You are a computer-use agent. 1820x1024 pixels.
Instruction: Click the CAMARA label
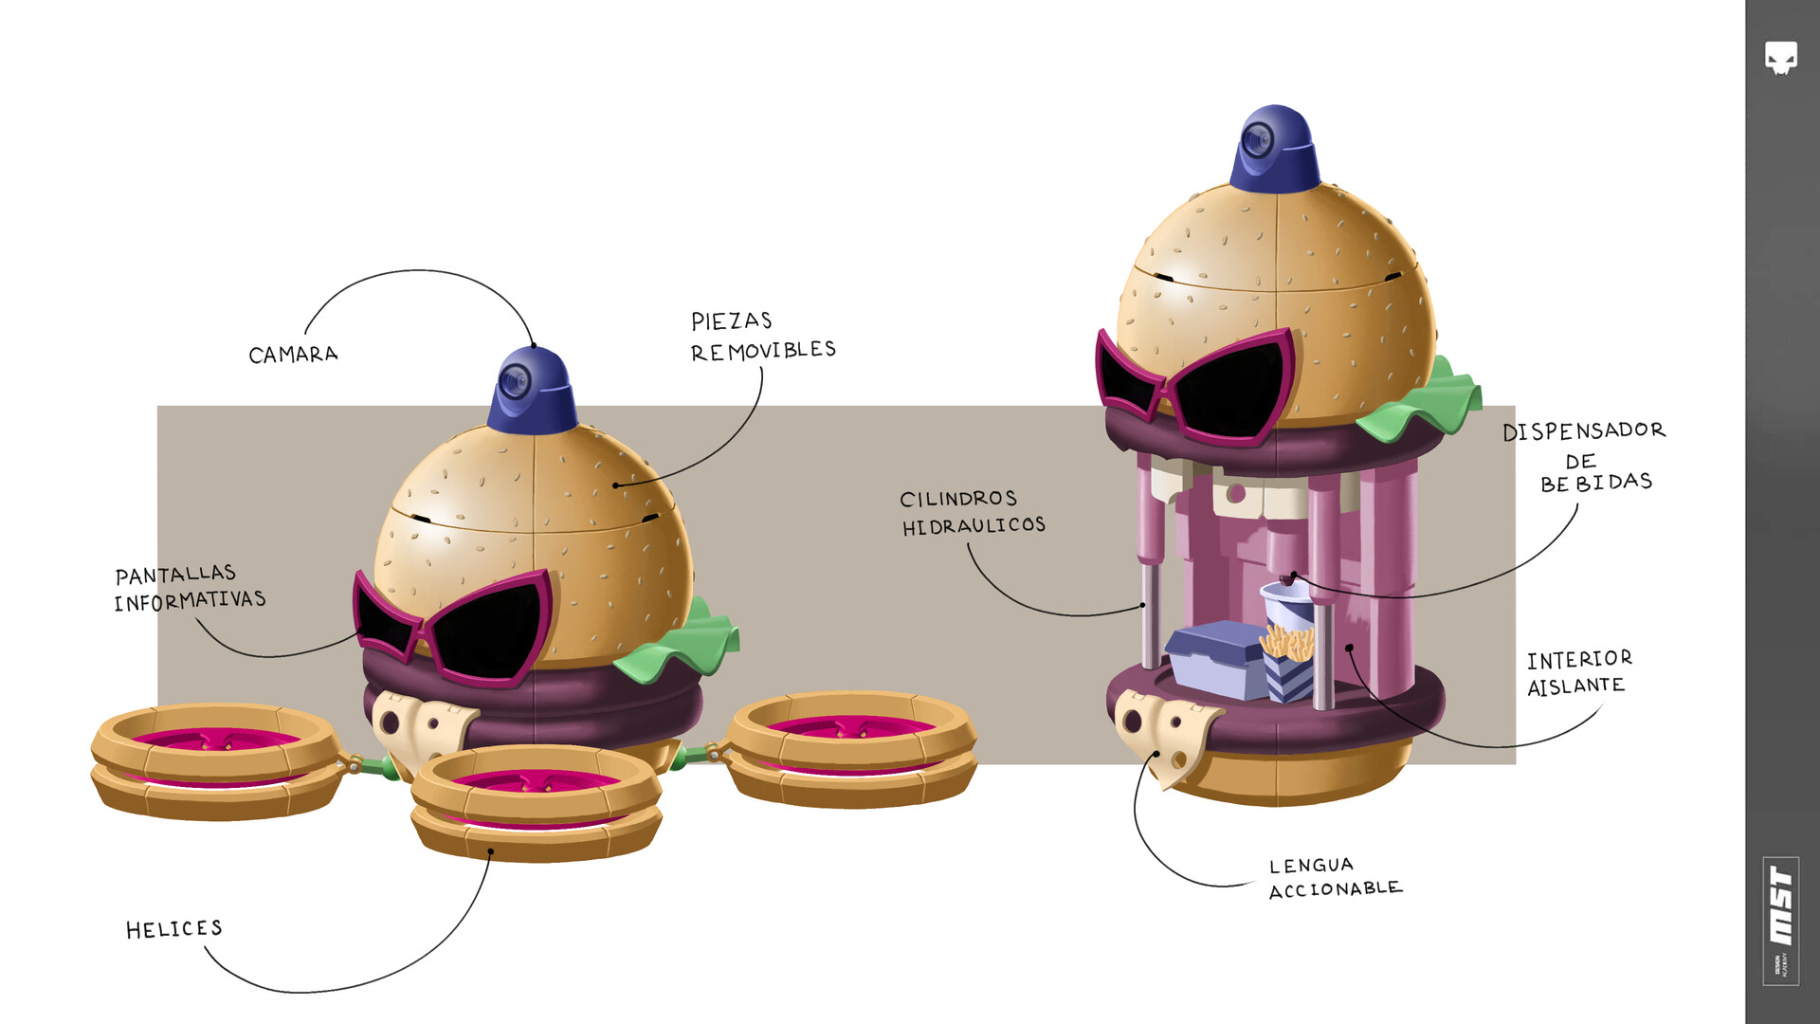[293, 355]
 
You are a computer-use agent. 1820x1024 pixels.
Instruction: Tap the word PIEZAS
[731, 321]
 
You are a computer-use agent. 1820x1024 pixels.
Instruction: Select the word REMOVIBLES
[763, 351]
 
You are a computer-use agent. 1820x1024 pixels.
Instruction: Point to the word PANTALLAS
[175, 575]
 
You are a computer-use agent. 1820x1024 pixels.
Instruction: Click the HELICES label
[174, 929]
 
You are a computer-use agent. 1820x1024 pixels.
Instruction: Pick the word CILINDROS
[958, 499]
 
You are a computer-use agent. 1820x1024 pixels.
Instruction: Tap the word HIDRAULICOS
[974, 525]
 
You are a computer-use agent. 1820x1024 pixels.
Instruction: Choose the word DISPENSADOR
[1583, 430]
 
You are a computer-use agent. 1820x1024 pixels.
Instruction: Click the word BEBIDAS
[1596, 483]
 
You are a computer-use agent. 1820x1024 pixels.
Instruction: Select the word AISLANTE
[1575, 686]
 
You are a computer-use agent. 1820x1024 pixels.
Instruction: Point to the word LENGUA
[1311, 866]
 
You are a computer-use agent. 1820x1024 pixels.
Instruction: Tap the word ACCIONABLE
[1335, 889]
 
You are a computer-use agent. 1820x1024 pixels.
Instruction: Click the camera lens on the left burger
[515, 383]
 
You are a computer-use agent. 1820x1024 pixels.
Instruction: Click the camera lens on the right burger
[1258, 141]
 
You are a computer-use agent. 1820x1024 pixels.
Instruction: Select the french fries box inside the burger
[1289, 664]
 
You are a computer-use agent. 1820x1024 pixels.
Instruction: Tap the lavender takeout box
[1216, 661]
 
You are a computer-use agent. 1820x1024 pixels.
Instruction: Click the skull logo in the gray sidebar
[1781, 58]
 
